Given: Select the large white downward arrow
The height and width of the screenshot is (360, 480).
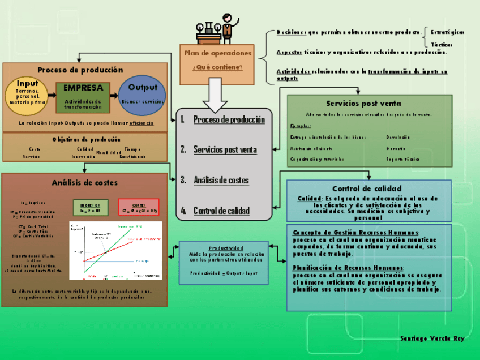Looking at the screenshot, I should [217, 94].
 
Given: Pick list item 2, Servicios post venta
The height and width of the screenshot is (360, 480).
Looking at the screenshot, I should [225, 150].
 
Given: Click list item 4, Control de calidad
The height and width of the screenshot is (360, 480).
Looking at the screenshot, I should [221, 211].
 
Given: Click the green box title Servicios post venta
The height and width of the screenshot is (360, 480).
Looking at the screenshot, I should [363, 104].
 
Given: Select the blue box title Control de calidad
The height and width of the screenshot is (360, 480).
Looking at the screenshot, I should [367, 188].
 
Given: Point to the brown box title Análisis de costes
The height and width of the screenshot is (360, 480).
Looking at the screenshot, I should [85, 183].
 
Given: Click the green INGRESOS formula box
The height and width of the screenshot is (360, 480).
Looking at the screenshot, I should [90, 207].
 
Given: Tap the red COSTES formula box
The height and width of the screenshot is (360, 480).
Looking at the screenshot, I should [139, 207].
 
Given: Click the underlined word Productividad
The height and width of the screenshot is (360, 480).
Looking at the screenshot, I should [226, 248].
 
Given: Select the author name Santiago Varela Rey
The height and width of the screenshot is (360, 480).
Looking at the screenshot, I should [432, 338].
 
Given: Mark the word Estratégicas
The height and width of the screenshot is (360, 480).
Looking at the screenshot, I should [448, 32].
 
